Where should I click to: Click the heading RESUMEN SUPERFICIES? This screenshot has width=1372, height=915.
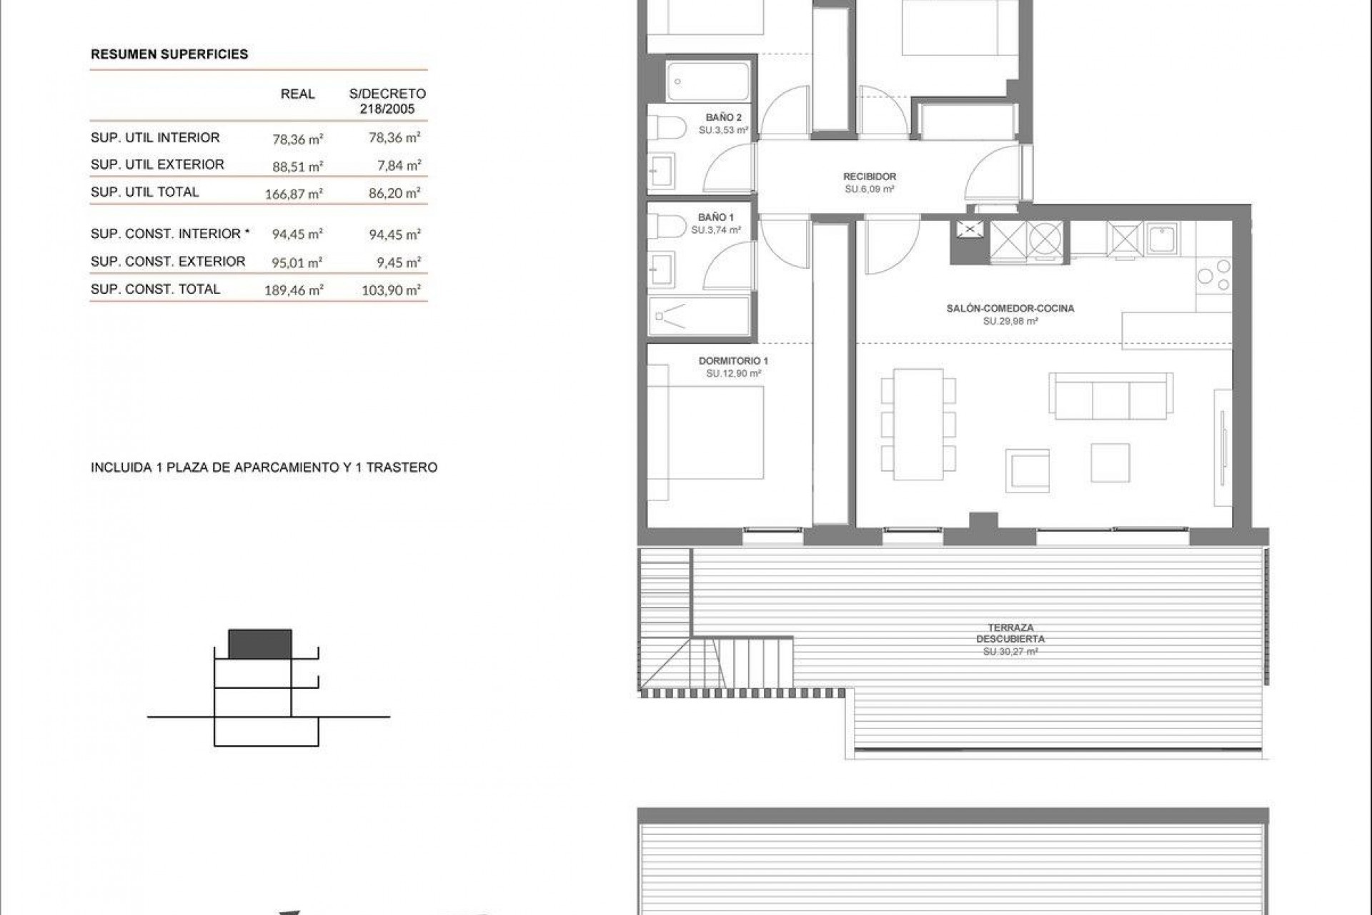(x=169, y=54)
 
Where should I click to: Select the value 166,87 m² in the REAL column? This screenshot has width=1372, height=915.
(x=294, y=194)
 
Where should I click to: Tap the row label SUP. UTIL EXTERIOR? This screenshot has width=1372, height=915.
(x=157, y=164)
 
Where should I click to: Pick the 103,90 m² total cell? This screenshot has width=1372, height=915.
(x=391, y=290)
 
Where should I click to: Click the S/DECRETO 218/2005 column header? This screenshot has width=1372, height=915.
(x=387, y=102)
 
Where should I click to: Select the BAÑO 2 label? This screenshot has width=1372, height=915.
(x=723, y=117)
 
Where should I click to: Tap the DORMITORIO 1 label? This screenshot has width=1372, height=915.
(x=733, y=361)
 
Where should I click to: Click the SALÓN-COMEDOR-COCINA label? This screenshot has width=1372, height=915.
(x=1010, y=309)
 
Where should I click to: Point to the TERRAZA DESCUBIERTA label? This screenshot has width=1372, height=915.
(x=1010, y=633)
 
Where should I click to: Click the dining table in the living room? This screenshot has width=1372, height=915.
(x=918, y=425)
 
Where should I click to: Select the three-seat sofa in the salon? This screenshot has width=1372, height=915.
(x=1110, y=396)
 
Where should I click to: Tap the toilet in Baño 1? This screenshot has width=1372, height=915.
(x=660, y=228)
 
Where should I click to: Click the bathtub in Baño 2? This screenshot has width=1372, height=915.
(x=707, y=81)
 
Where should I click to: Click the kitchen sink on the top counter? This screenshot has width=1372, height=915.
(x=1163, y=238)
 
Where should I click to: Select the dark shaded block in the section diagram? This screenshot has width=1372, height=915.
(x=260, y=644)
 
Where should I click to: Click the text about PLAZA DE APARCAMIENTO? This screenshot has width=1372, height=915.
(x=264, y=468)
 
